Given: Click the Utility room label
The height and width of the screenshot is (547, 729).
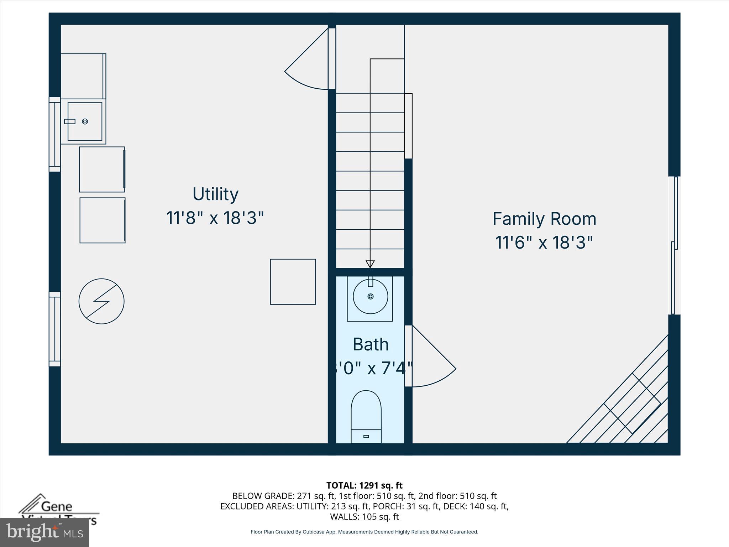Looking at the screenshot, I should tap(215, 194).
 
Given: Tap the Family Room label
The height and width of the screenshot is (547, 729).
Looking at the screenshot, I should tap(544, 219).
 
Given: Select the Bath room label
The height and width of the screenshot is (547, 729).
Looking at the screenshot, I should tap(370, 344).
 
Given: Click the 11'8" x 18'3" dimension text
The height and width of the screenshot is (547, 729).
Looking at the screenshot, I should tap(215, 218).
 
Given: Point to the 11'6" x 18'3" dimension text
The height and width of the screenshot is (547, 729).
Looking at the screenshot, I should tap(544, 243).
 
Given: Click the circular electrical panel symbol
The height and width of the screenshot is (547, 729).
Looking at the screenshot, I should tap(101, 301).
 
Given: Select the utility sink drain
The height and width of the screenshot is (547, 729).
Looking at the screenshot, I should tap(85, 121).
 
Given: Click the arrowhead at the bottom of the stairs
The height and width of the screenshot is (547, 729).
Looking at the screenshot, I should tap(370, 264).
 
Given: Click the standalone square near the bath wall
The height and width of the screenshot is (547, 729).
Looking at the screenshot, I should tap(293, 282).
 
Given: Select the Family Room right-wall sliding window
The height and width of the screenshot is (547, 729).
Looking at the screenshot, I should tap(674, 246).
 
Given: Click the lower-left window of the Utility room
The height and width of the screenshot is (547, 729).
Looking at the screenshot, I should tap(54, 329).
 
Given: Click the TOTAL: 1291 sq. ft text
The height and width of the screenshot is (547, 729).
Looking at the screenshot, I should tap(364, 485).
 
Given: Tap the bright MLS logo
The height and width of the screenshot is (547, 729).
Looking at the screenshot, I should tap(44, 532).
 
